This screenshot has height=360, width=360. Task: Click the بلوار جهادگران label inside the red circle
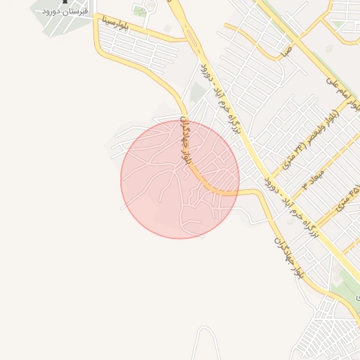point(186,141)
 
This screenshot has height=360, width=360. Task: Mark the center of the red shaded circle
point(180,179)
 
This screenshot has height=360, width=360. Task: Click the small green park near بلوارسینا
point(140,11)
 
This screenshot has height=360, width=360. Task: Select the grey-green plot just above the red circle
point(198,93)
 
